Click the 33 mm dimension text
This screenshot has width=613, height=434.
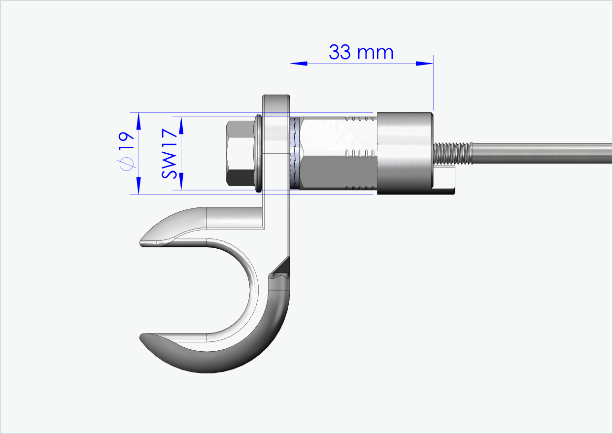361,52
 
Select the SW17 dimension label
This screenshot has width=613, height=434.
169,153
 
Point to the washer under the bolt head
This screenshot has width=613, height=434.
258,154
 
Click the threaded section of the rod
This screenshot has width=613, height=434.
452,153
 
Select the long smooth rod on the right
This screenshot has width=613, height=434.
542,154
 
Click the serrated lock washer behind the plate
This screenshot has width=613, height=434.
294,154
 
